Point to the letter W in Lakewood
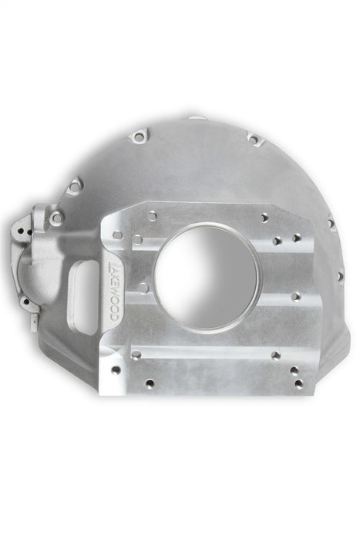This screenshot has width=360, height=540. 113,296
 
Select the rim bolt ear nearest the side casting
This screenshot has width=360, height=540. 75,185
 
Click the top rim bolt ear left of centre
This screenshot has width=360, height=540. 138,137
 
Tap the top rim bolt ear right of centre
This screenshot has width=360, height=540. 253,139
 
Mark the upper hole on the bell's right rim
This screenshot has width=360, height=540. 330,224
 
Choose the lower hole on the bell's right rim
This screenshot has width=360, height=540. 338,275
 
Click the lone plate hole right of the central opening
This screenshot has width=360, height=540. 295,295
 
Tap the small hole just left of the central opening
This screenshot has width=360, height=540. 143,287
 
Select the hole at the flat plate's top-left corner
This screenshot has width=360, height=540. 117,235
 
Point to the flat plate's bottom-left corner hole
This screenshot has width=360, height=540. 115,370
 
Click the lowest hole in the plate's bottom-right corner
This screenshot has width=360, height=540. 298,383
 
